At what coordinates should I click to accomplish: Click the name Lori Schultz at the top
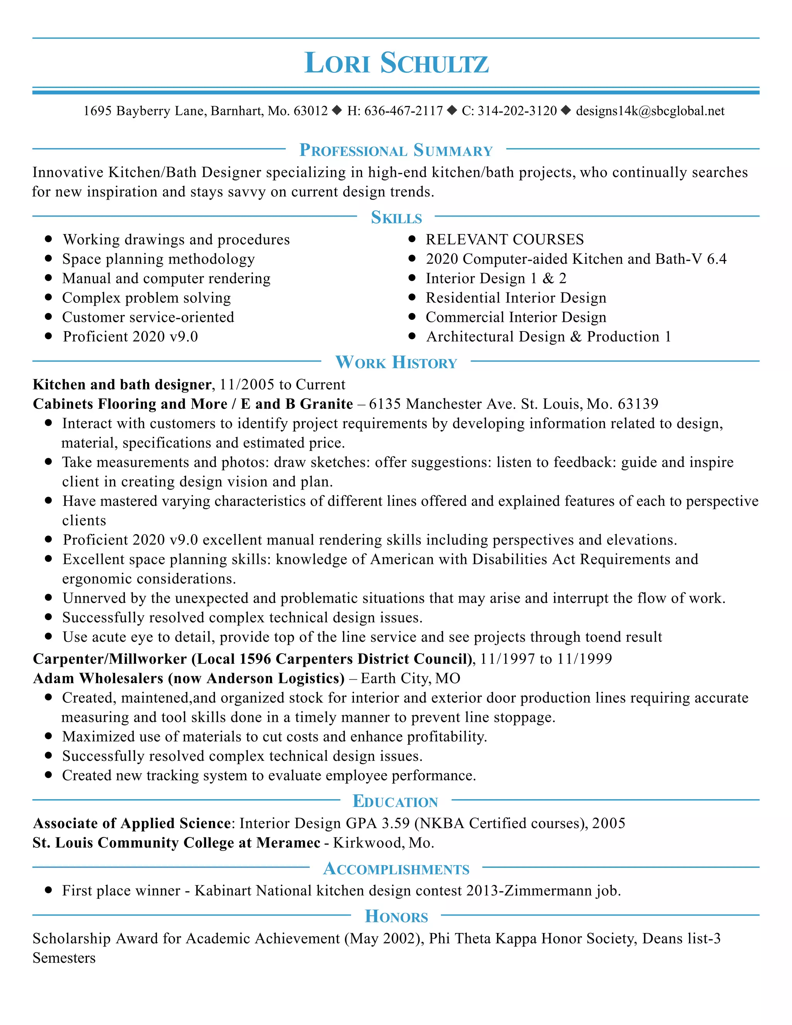tap(396, 63)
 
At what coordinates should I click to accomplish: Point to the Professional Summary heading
tap(396, 150)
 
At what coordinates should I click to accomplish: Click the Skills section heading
tap(396, 217)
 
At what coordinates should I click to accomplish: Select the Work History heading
tap(396, 362)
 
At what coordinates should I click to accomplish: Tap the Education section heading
tap(396, 801)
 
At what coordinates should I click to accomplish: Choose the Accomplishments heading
tap(396, 869)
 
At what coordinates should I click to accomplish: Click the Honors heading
tap(396, 917)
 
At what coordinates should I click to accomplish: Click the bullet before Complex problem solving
tap(48, 297)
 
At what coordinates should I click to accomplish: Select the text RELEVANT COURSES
tap(504, 239)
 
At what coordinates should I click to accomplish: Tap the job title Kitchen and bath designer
tap(122, 384)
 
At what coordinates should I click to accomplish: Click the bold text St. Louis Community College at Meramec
tap(176, 842)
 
